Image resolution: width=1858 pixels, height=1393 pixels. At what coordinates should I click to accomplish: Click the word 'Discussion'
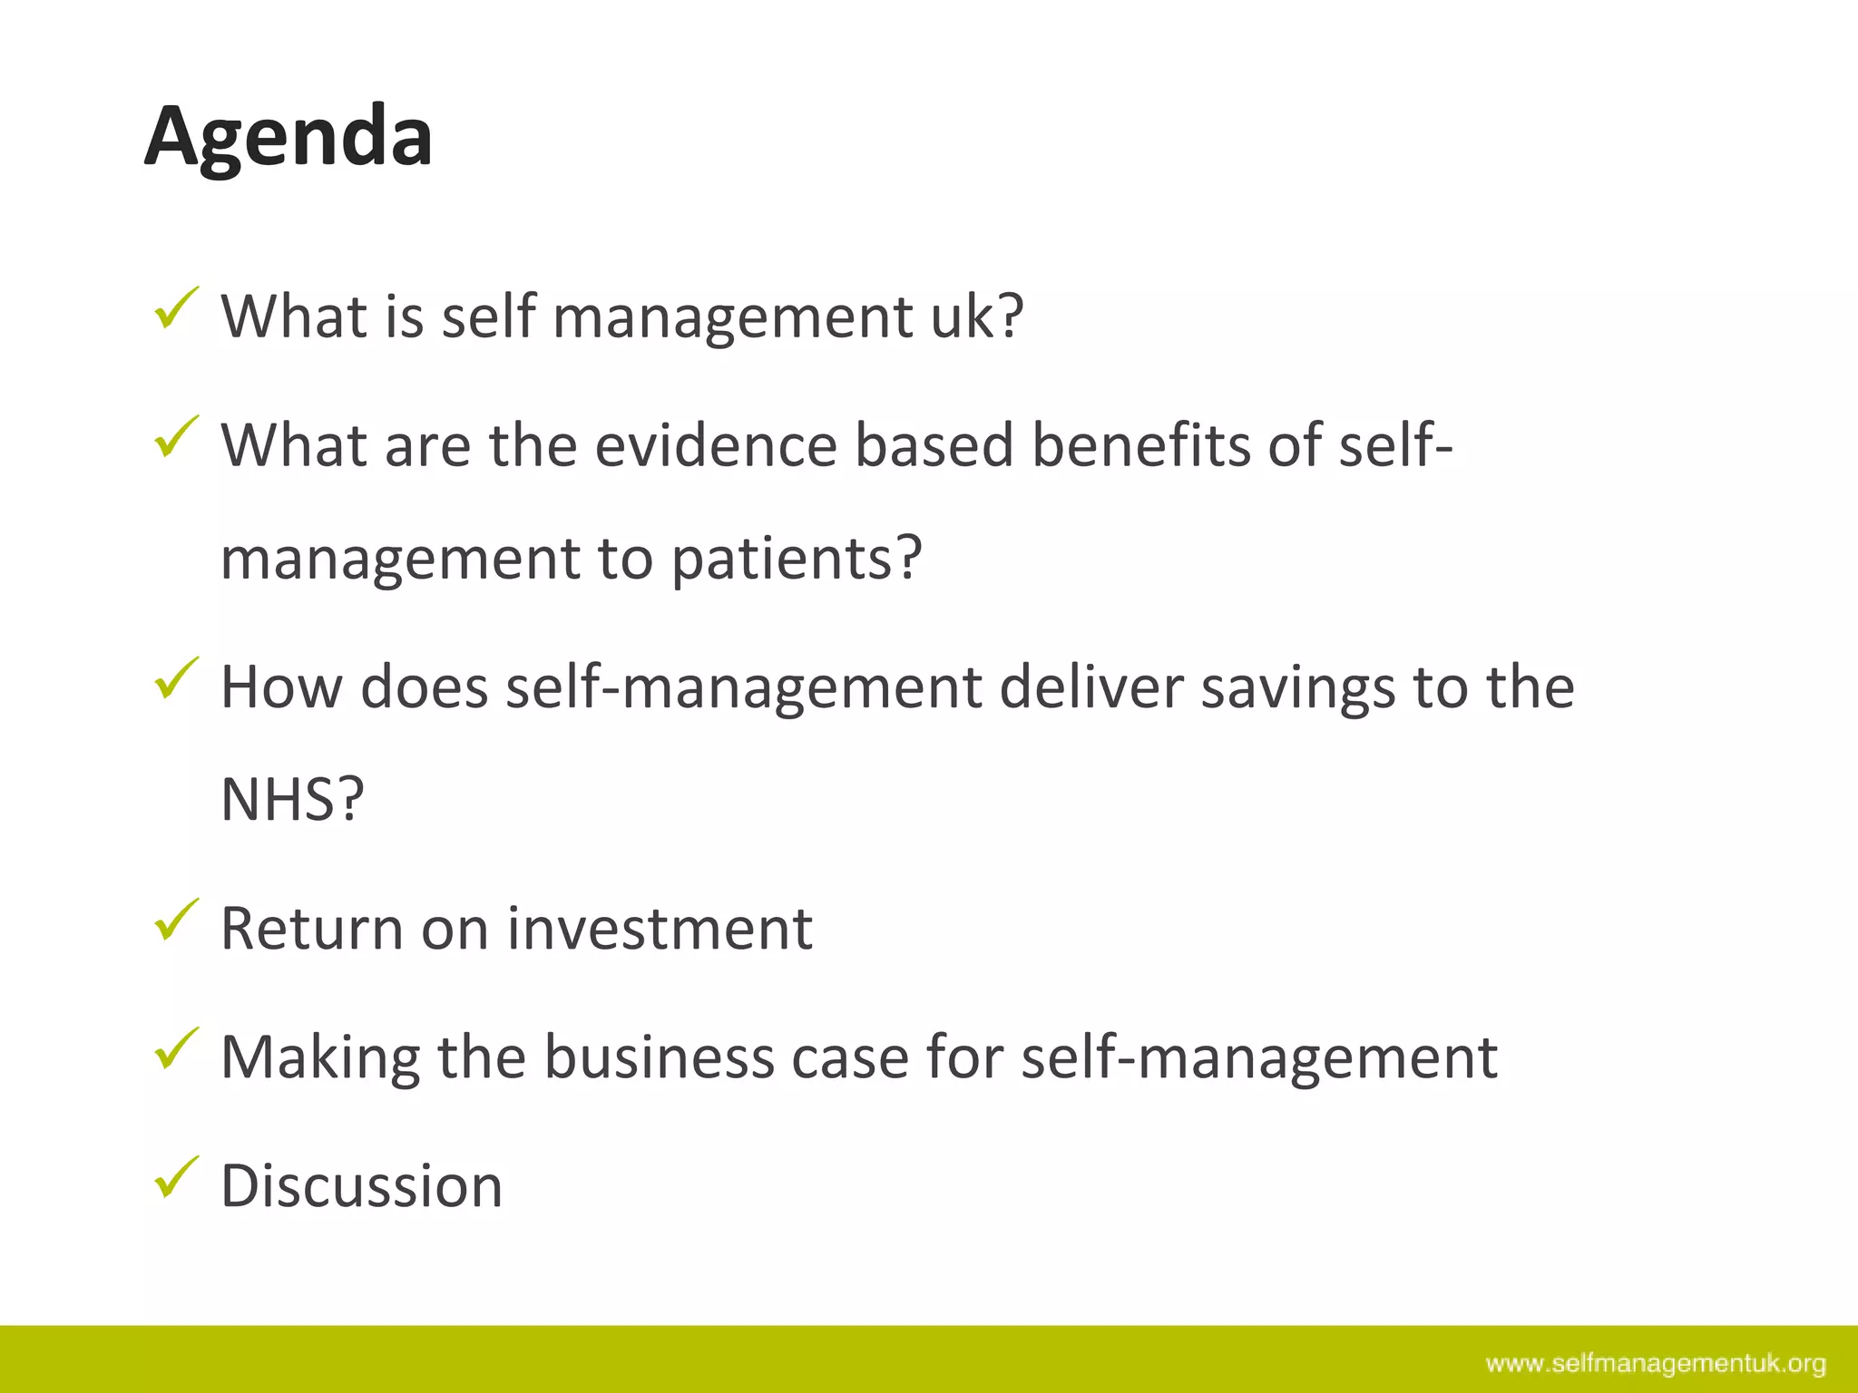point(361,1186)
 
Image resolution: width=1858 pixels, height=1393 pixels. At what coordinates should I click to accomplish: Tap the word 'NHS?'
point(292,800)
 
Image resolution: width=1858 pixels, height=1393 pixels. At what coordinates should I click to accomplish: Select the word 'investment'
point(660,929)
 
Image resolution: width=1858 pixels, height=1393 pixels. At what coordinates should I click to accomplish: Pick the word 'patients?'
point(797,558)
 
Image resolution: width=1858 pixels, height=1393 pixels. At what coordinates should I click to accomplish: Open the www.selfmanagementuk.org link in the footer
point(1656,1364)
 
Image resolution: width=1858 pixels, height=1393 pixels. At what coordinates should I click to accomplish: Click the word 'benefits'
point(1140,445)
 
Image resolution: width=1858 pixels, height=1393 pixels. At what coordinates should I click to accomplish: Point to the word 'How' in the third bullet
point(281,687)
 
